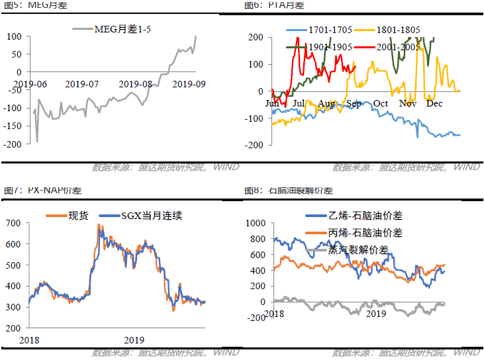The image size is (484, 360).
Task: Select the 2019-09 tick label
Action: (189, 84)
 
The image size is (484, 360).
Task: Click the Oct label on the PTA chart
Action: (380, 103)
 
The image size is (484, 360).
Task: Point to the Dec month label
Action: (434, 103)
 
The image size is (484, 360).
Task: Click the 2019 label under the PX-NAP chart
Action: (134, 339)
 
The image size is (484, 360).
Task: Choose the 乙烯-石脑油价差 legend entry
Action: (365, 216)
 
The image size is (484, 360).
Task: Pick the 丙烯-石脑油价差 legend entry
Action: (365, 233)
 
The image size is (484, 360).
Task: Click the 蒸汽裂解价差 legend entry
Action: (358, 249)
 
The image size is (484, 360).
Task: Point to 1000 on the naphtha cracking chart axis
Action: (255, 224)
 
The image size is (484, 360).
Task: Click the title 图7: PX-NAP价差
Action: (37, 191)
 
